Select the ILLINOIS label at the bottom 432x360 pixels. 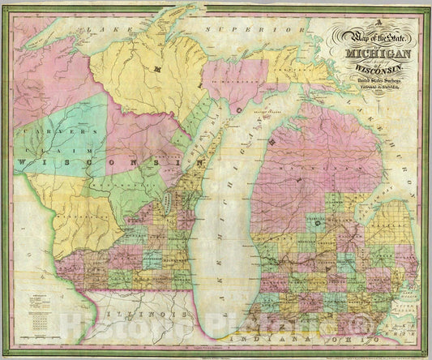(x=147, y=307)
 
